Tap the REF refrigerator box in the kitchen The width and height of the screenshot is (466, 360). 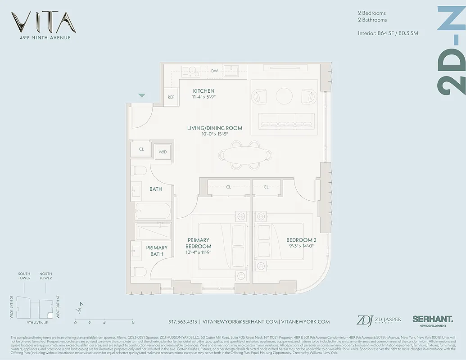coord(171,97)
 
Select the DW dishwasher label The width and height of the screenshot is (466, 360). coord(214,71)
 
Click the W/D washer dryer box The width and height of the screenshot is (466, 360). coord(163,152)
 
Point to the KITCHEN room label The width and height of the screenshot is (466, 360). coord(204,91)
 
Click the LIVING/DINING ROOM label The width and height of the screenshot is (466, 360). coord(215,128)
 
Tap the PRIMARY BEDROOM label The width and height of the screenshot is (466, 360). coord(198,243)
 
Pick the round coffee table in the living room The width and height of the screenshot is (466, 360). coord(284,95)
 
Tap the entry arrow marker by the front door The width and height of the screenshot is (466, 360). coord(142,95)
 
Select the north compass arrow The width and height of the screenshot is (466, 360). coord(79,310)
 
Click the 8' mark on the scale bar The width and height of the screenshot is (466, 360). coord(133,323)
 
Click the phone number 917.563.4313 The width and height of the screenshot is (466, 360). coord(182,322)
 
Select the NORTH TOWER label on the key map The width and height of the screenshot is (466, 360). coord(45,276)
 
